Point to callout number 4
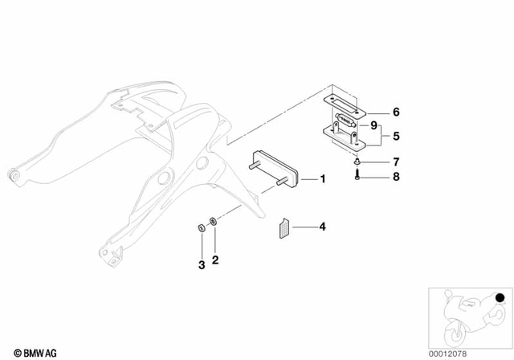[x=323, y=227]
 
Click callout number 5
[x=394, y=137]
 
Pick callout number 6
[x=394, y=112]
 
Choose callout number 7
[x=394, y=162]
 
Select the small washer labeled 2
[x=212, y=222]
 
